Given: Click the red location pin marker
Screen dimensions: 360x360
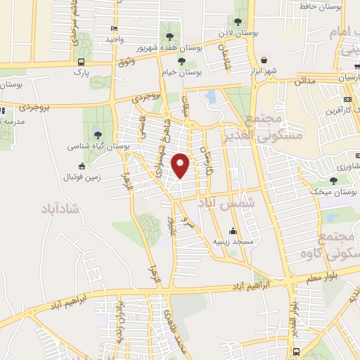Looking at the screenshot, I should coord(181,165).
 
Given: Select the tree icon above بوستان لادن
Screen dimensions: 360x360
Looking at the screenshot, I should coord(239,22).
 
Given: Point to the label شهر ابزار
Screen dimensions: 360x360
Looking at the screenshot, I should coord(261,72).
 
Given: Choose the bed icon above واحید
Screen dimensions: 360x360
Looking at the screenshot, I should coord(115,28).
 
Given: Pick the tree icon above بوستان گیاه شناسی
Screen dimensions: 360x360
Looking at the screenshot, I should coord(97,135).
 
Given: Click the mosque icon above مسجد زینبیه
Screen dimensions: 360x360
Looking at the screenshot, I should coord(233,231).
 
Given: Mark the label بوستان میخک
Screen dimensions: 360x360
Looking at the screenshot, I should coord(334,191).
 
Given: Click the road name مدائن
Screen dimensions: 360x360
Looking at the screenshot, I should coord(304,82).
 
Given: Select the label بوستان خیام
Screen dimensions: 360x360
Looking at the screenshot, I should coord(184,72).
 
